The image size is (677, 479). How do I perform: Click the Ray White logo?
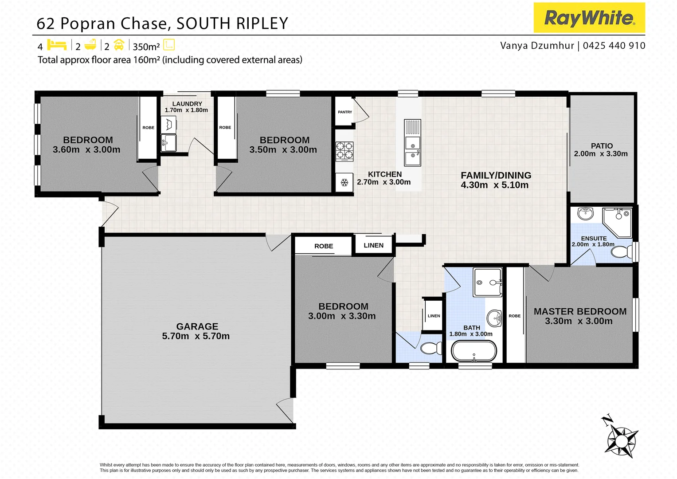point(589,18)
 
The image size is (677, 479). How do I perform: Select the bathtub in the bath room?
point(474,351)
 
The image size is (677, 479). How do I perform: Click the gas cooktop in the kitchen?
point(344,151)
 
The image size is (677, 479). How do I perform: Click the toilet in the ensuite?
point(622,252)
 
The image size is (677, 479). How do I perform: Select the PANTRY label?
point(345,112)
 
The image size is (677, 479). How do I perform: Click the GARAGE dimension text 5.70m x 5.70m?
point(196,336)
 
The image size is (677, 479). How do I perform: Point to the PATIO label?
point(602,146)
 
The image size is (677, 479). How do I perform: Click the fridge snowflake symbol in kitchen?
point(344,182)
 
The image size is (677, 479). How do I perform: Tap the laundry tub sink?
point(168,143)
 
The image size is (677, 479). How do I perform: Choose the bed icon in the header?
point(56,45)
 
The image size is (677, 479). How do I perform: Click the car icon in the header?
point(119,45)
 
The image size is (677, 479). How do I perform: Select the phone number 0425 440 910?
point(614,46)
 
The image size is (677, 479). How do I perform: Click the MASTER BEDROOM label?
point(580,311)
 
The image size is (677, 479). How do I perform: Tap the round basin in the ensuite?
point(585,213)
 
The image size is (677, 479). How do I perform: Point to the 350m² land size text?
point(146,47)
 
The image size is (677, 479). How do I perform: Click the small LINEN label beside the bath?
point(434,316)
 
